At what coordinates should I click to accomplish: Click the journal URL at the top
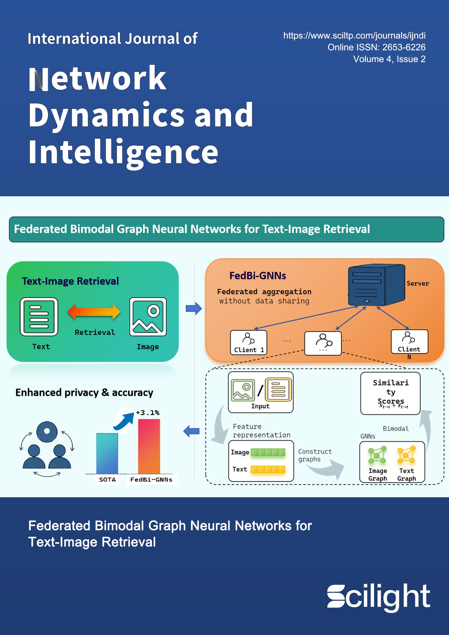pos(354,36)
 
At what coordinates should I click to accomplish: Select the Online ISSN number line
pos(376,47)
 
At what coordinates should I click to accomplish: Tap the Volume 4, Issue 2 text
pos(389,59)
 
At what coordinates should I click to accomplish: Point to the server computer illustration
pos(376,285)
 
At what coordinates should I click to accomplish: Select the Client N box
pos(409,342)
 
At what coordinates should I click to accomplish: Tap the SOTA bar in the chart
pos(107,453)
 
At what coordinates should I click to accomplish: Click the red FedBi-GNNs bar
pos(149,446)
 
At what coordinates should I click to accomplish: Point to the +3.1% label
pos(147,413)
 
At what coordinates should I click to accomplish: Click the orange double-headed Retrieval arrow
pos(94,312)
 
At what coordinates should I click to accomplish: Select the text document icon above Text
pos(39,317)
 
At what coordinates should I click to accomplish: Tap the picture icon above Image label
pos(148,317)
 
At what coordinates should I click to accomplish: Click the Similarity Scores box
pos(390,393)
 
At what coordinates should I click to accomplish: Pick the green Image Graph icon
pos(377,455)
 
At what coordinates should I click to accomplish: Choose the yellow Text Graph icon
pos(406,455)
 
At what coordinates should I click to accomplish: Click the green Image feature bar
pos(268,452)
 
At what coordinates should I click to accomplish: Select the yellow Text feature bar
pos(268,469)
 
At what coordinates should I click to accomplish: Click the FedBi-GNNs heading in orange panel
pos(257,275)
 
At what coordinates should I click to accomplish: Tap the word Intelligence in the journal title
pos(123,152)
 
